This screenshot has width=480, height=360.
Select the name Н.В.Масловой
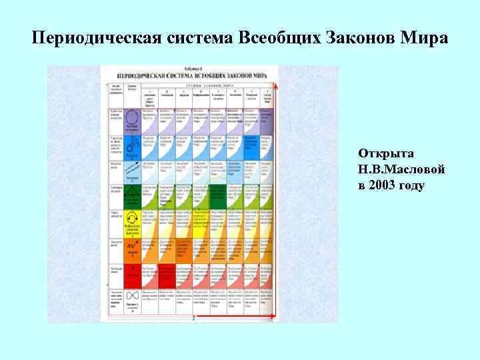pos(401,169)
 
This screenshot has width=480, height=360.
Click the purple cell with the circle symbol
pos(132,121)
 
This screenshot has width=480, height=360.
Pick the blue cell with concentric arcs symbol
pos(132,147)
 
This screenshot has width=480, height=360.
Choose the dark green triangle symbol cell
pos(132,197)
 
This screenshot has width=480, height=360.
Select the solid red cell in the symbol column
pos(132,274)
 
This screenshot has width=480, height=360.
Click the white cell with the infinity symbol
pos(132,299)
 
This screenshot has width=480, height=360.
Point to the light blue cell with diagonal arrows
pos(132,171)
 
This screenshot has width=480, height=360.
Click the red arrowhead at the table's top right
pos(275,87)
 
